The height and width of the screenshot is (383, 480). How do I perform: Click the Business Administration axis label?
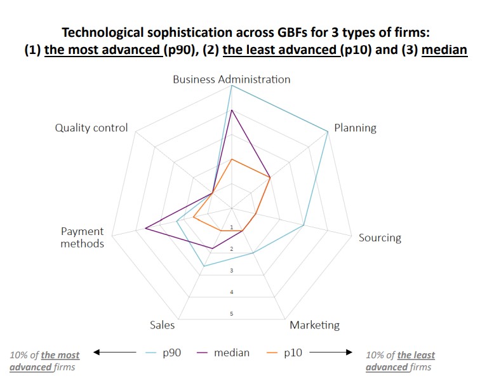click(231, 79)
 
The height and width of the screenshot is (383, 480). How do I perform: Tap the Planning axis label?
click(355, 128)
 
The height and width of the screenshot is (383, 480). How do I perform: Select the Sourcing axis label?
click(380, 238)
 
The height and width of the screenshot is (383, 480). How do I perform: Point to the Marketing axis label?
click(314, 325)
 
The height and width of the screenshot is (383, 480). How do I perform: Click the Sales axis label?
click(162, 325)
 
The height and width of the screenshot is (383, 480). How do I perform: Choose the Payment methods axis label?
click(83, 238)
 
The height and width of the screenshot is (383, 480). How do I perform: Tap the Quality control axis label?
click(91, 128)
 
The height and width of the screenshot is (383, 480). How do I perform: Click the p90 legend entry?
click(171, 353)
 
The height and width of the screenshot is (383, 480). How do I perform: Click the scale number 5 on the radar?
click(232, 314)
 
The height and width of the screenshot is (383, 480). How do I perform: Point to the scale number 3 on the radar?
click(232, 271)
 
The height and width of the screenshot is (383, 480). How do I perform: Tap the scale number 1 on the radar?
click(232, 227)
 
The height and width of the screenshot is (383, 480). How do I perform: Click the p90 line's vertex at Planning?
click(328, 131)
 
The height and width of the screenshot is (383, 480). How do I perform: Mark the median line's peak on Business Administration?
click(232, 110)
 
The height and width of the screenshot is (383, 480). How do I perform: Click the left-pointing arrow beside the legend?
click(114, 352)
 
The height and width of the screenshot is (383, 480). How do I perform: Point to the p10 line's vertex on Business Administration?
click(232, 159)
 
